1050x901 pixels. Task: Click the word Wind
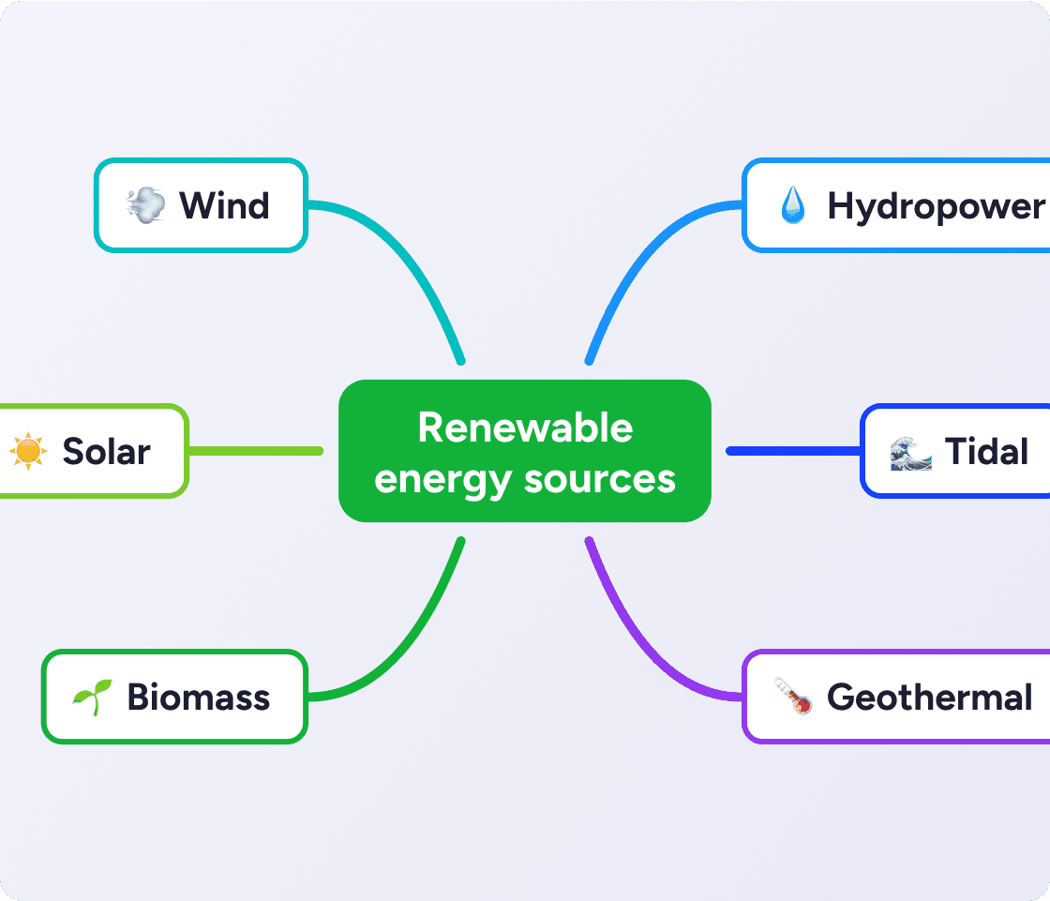(x=224, y=205)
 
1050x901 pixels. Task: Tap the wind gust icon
(x=145, y=205)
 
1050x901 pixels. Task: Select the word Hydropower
(x=935, y=206)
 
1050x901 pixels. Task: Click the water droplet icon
(x=792, y=205)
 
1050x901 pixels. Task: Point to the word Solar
(x=106, y=452)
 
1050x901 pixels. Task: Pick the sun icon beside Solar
(x=28, y=451)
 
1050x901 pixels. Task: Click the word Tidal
(x=986, y=452)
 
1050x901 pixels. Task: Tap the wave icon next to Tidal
(x=910, y=452)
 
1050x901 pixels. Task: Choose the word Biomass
(x=199, y=698)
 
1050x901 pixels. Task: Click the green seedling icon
(x=92, y=698)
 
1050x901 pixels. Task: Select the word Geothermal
(x=929, y=698)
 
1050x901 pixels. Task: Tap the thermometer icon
(x=792, y=698)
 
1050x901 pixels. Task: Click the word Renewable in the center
(x=525, y=428)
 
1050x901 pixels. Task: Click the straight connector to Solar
(x=255, y=451)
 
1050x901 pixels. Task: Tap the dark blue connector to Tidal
(x=793, y=451)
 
